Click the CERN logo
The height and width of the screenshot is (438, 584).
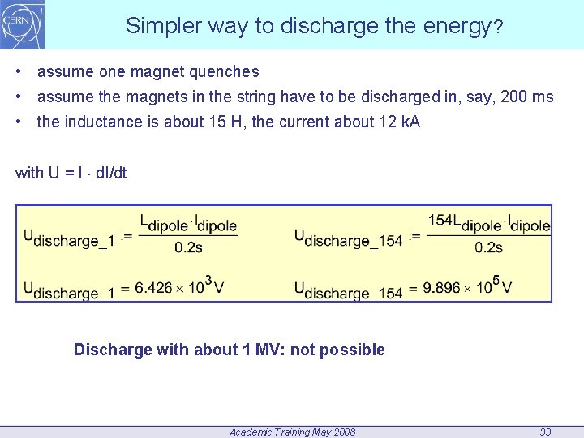click(x=23, y=24)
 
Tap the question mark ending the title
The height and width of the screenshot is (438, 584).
click(x=498, y=27)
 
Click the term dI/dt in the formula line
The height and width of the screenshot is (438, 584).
click(x=111, y=173)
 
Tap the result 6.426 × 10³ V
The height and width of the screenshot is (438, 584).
click(x=179, y=286)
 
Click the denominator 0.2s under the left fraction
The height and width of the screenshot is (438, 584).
click(x=188, y=247)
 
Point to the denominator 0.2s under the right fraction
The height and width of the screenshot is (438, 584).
click(x=488, y=247)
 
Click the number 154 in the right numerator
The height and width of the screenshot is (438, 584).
click(x=440, y=221)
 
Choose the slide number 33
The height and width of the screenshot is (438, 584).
click(x=546, y=432)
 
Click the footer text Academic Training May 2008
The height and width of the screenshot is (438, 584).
click(x=292, y=432)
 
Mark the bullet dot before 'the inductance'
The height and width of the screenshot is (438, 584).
click(x=19, y=122)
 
